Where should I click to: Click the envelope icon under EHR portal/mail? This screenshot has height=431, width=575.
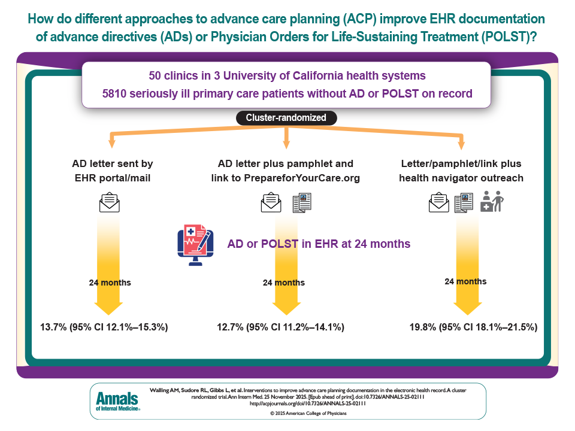pos(109,202)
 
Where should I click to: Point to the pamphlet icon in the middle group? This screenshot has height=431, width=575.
pos(302,203)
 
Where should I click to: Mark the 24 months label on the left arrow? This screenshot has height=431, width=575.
pos(110,283)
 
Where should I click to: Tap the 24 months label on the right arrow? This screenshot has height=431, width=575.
pos(465,281)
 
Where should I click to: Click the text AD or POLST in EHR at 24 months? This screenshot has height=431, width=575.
pos(319,244)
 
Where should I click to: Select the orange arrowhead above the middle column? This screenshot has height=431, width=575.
pos(286,144)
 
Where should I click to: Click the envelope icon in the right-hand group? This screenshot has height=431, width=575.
pos(439,203)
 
